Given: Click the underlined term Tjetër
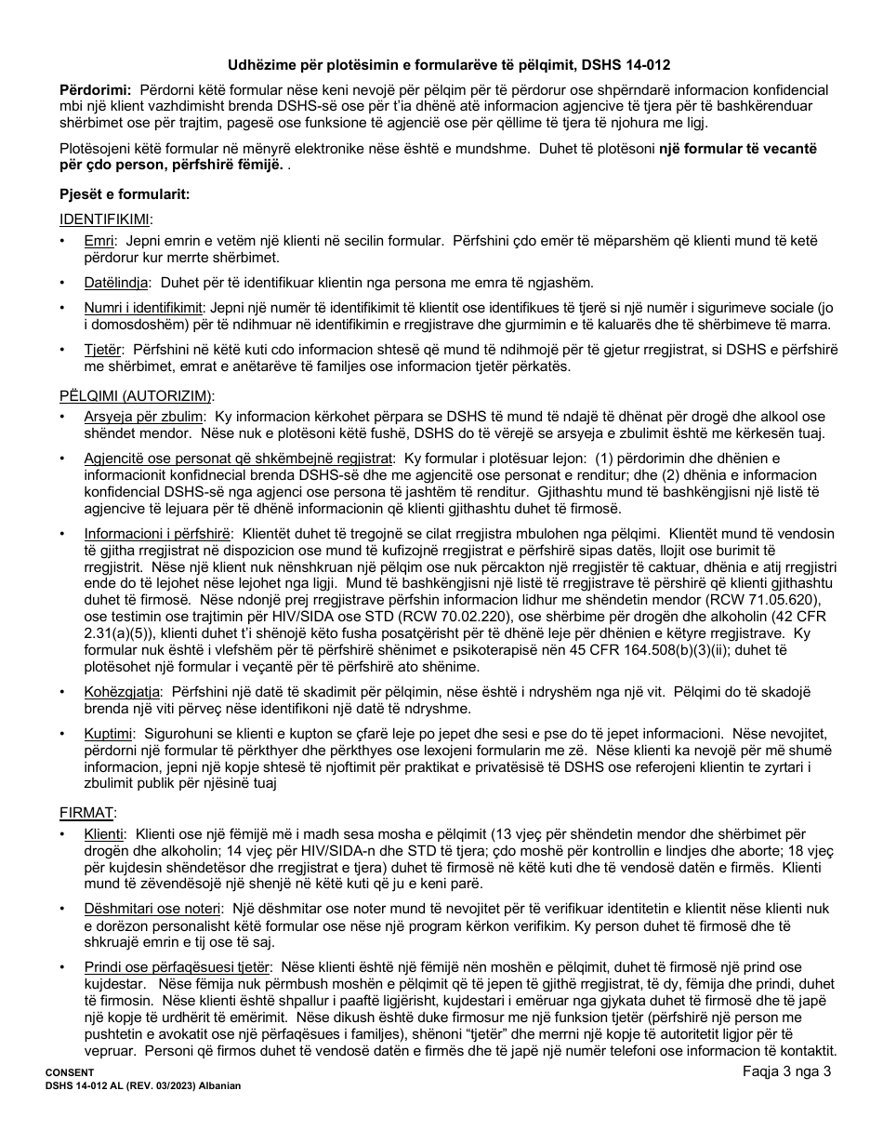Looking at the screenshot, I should pos(103,349).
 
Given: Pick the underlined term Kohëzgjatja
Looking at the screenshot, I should pos(123,692).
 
